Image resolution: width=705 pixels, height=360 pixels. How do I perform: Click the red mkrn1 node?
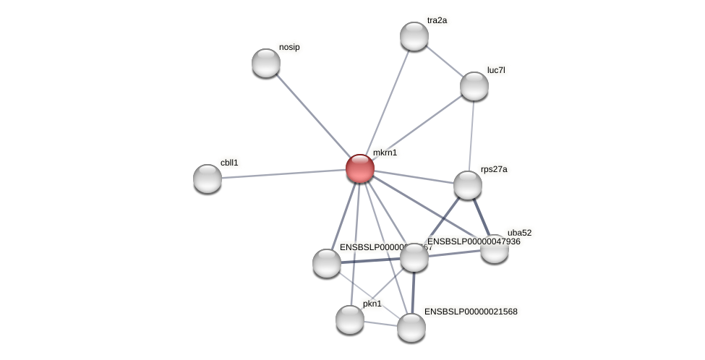pos(359,168)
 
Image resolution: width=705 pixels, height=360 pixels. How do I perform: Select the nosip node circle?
pos(266,63)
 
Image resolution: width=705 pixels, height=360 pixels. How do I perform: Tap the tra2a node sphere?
pos(414,36)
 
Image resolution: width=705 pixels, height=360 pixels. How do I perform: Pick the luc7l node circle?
pos(474,86)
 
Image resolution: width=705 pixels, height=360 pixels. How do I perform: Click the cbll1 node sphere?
pos(208,179)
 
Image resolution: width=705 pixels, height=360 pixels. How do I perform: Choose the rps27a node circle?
pos(468,185)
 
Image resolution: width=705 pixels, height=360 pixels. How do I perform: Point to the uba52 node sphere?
pos(495,249)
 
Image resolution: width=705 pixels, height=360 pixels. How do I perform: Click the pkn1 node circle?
pos(350,320)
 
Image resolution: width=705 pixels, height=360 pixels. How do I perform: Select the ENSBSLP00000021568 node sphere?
pos(411,327)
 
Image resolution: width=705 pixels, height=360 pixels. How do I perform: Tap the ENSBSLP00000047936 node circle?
pos(414,257)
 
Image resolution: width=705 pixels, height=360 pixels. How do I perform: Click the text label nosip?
pos(289,48)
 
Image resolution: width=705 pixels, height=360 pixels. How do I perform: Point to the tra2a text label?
pos(437,20)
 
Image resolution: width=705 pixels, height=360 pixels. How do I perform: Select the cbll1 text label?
pos(229,163)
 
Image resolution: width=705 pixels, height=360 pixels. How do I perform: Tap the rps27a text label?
pos(494,170)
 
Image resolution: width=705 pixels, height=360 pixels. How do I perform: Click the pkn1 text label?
pos(372,304)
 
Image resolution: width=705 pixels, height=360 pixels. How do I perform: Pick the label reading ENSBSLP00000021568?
pos(471,312)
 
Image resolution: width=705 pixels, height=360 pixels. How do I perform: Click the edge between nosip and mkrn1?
pos(312,116)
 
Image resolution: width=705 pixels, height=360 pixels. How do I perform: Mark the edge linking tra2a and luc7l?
pos(444,61)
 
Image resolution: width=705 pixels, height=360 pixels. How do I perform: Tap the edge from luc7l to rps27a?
pos(471,135)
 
